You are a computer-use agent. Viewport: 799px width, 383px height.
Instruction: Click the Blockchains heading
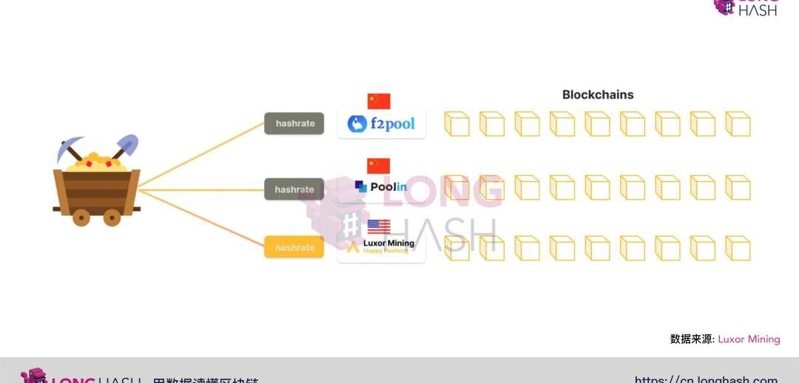click(598, 95)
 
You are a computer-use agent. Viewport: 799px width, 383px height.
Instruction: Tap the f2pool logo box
click(381, 123)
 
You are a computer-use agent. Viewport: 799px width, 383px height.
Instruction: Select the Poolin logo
click(381, 187)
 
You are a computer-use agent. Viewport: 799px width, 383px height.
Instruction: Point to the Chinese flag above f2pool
click(378, 101)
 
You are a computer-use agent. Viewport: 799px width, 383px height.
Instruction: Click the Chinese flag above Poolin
click(378, 166)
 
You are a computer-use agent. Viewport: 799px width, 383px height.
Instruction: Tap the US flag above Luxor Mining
click(379, 226)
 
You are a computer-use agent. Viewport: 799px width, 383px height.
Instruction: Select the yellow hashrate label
click(294, 248)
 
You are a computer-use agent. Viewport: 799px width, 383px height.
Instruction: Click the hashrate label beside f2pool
click(295, 123)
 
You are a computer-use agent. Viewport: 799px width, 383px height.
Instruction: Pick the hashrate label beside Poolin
click(294, 189)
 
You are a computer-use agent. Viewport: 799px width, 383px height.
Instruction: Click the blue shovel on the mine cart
click(127, 145)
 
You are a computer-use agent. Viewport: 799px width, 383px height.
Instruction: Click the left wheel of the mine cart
click(81, 217)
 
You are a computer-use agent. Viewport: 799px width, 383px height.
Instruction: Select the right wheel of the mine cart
click(112, 217)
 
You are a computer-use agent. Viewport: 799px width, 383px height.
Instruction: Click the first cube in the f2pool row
click(456, 123)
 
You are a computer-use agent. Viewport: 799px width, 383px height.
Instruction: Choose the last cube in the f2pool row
click(738, 123)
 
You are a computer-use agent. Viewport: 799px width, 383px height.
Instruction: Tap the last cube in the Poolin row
click(738, 188)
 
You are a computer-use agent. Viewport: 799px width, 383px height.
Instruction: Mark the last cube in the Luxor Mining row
click(738, 248)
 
